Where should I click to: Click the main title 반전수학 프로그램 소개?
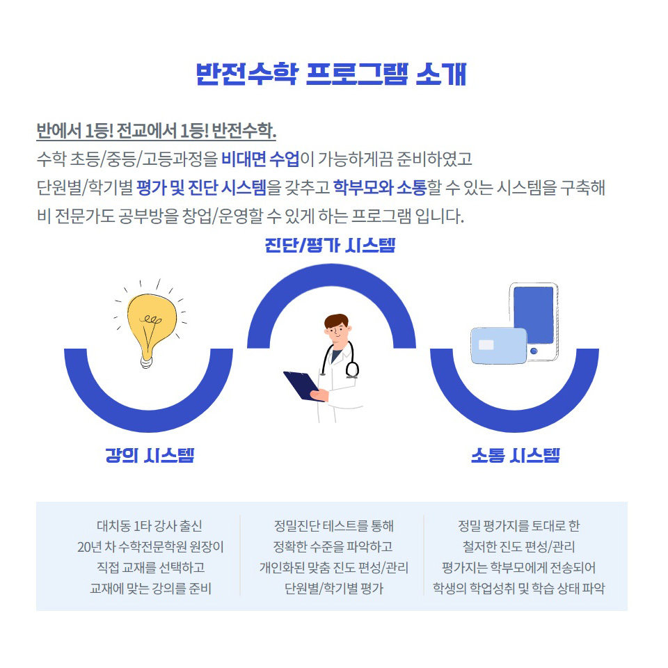331,74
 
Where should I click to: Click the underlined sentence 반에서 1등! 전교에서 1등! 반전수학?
157,132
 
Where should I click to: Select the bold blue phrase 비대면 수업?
261,159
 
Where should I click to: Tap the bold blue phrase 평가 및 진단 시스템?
202,188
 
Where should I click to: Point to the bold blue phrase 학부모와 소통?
380,188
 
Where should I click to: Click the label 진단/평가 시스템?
330,246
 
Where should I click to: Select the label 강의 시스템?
150,455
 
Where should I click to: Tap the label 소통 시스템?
516,455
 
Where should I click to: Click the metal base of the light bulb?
146,362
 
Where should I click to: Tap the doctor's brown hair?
336,320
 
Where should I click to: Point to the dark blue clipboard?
301,385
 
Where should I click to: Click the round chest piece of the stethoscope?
352,369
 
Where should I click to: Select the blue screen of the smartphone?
534,315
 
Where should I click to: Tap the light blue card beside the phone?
499,346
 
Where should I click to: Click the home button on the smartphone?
534,351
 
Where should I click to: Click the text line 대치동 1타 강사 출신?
150,526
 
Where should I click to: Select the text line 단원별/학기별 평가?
334,589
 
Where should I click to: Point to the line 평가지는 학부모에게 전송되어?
518,568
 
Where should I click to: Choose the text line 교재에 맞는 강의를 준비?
150,589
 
